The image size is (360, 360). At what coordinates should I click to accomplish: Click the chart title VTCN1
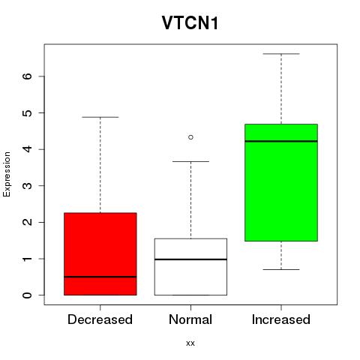[190, 23]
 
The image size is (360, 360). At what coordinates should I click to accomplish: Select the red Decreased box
[100, 254]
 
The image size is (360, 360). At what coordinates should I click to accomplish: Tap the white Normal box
[190, 267]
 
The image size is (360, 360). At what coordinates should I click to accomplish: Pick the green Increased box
[281, 182]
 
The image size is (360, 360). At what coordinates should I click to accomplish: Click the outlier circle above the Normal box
[190, 137]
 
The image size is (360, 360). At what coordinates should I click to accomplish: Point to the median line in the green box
[281, 141]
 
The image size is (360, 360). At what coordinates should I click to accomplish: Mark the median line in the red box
[100, 277]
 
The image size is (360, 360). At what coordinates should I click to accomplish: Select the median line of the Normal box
[190, 259]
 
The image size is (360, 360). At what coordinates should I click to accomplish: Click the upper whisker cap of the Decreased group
[100, 117]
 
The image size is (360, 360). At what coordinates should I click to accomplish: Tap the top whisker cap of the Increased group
[281, 54]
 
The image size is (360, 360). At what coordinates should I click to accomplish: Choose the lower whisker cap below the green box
[281, 269]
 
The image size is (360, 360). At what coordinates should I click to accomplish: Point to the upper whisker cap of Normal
[190, 161]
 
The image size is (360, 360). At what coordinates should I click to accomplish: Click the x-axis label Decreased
[100, 319]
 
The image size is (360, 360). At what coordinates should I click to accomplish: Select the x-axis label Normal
[190, 319]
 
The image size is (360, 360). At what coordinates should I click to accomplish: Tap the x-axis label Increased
[281, 319]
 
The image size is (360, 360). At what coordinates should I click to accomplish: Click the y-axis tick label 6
[28, 76]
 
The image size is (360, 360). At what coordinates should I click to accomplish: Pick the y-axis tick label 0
[28, 295]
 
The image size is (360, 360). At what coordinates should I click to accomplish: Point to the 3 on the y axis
[28, 185]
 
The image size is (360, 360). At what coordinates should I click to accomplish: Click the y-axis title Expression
[7, 174]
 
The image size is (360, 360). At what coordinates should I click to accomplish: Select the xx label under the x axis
[190, 343]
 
